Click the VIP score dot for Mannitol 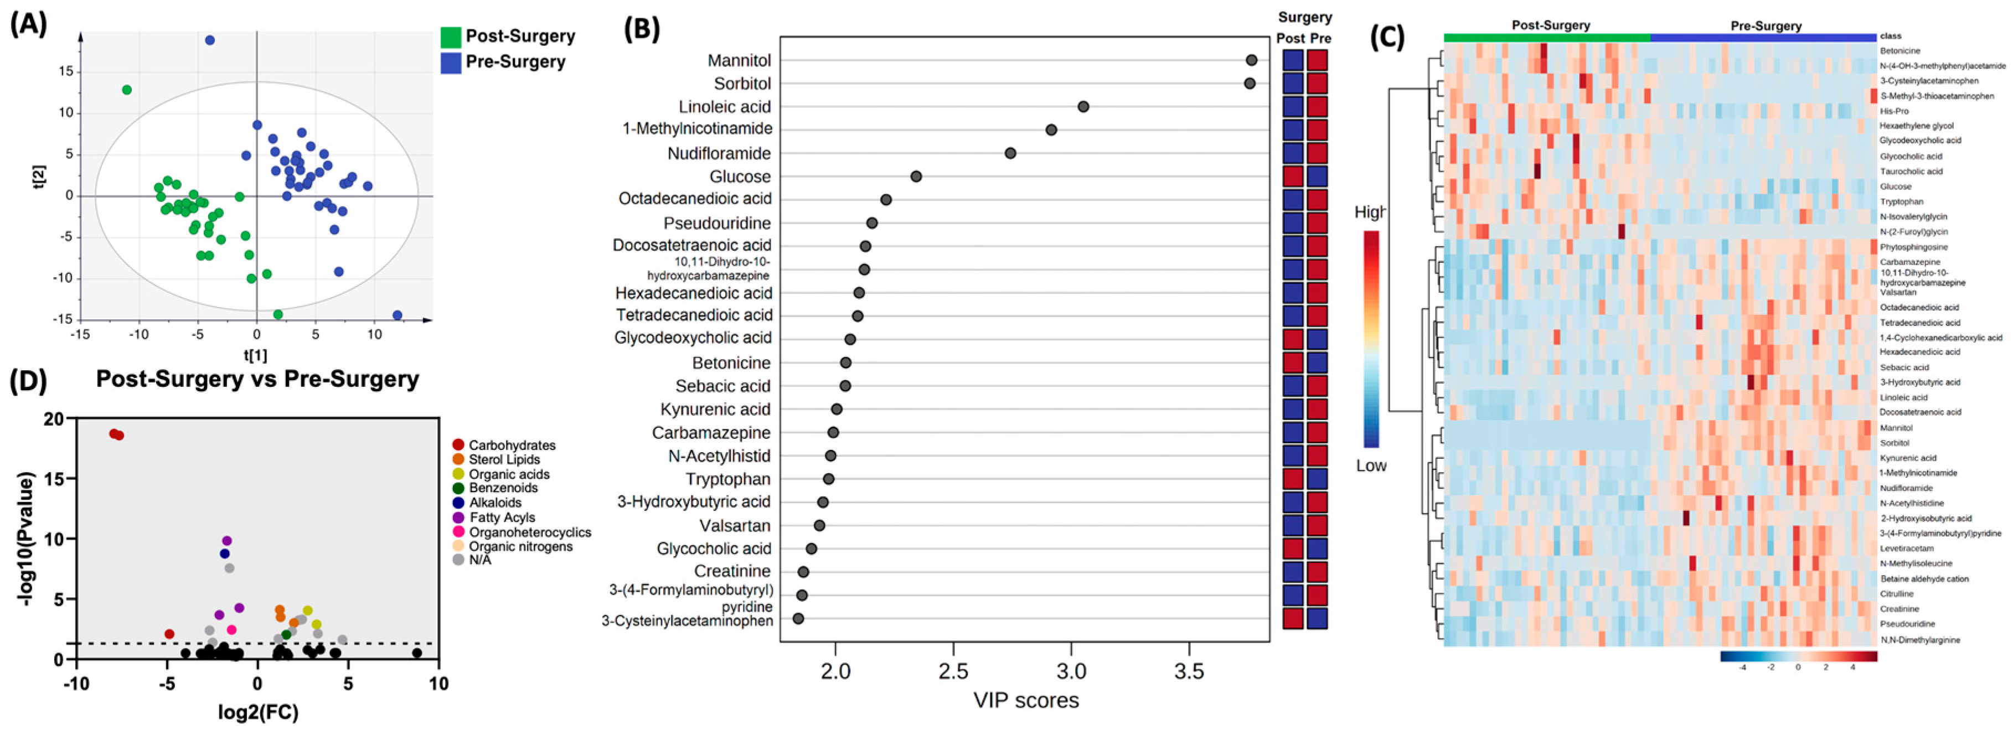[1251, 60]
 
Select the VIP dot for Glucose [916, 177]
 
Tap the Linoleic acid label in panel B [724, 107]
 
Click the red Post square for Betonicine [1293, 363]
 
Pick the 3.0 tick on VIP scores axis [1071, 672]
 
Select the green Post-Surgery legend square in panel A [450, 37]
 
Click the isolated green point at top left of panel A [127, 90]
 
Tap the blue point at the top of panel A [209, 40]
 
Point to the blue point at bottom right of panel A [397, 315]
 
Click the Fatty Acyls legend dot [459, 517]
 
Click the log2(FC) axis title [259, 712]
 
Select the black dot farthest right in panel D [417, 653]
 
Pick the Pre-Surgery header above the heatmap [1766, 26]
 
